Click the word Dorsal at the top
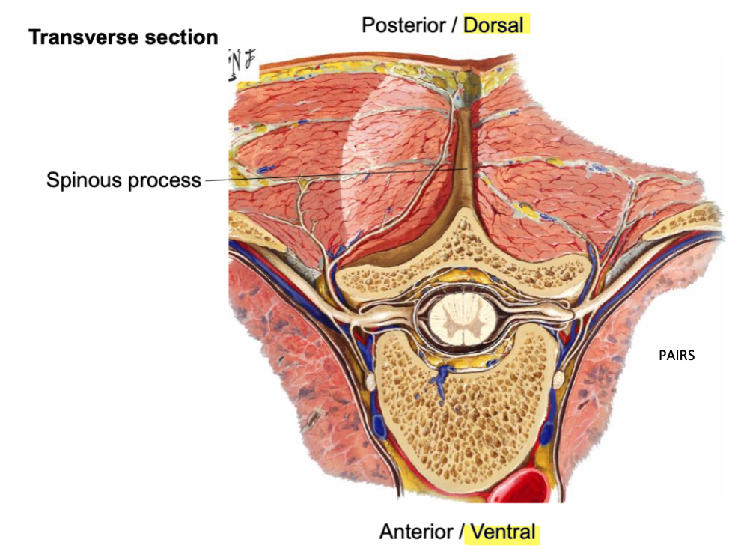494,25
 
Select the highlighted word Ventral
502,532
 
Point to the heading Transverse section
123,37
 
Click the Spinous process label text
124,180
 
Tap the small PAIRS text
677,356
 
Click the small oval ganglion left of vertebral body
369,382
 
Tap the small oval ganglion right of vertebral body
558,380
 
